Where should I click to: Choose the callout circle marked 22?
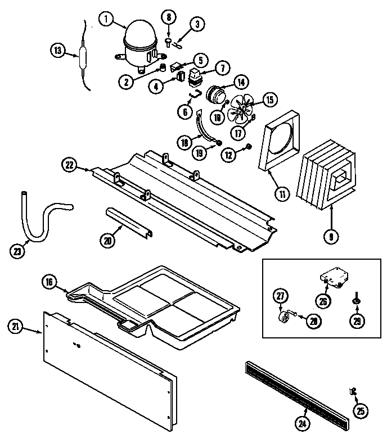(x=69, y=164)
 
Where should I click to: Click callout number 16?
(x=49, y=283)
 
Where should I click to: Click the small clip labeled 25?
(x=353, y=391)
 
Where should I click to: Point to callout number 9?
(x=331, y=237)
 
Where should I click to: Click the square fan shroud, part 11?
(x=281, y=141)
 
